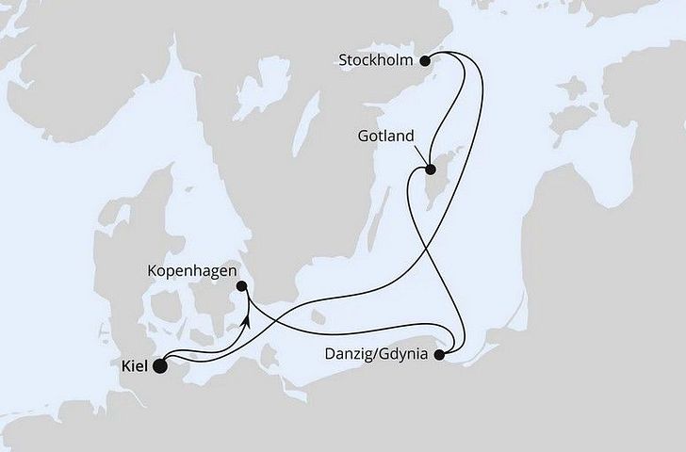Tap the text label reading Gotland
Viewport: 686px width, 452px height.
[x=386, y=137]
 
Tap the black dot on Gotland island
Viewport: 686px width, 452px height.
[x=430, y=170]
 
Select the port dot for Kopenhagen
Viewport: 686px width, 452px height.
[x=242, y=285]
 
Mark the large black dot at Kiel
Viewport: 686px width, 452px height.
[x=159, y=366]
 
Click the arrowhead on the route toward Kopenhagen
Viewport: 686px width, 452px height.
[x=246, y=320]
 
